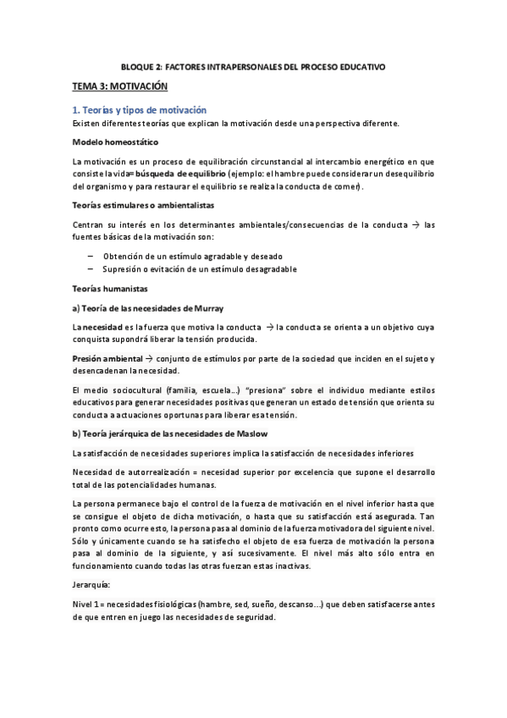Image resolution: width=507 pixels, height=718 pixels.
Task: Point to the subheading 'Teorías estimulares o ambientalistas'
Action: pos(143,206)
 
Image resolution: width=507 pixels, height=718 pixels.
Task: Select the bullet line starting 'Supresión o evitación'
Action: pos(200,269)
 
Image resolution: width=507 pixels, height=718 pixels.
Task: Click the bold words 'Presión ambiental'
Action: pos(107,359)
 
